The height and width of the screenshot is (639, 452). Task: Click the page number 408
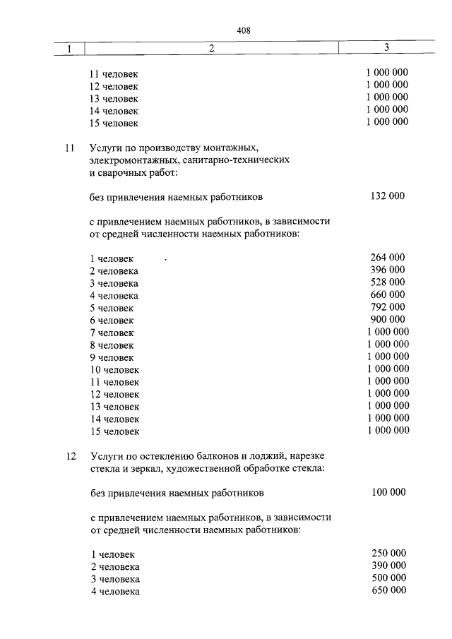click(x=244, y=30)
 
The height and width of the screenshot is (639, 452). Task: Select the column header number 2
click(x=211, y=49)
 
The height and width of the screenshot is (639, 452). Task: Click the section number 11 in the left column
click(x=69, y=148)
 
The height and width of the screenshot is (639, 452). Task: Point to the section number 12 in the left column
click(x=69, y=457)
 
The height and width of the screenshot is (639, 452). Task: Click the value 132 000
click(x=387, y=196)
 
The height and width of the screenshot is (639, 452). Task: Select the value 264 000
click(x=387, y=258)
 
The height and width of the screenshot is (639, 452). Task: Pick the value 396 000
click(x=387, y=270)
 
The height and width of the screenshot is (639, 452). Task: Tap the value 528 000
click(x=387, y=282)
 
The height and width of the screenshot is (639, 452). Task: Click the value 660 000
click(x=387, y=294)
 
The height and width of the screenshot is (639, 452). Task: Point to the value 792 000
click(x=387, y=306)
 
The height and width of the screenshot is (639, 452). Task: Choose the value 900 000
click(x=387, y=319)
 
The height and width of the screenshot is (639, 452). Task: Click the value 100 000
click(x=388, y=491)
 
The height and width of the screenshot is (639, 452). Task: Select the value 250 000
click(x=388, y=554)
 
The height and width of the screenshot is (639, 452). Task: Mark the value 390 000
click(x=388, y=566)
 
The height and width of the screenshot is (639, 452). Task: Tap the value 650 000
click(x=388, y=590)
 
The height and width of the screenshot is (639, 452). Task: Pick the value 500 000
click(x=388, y=578)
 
